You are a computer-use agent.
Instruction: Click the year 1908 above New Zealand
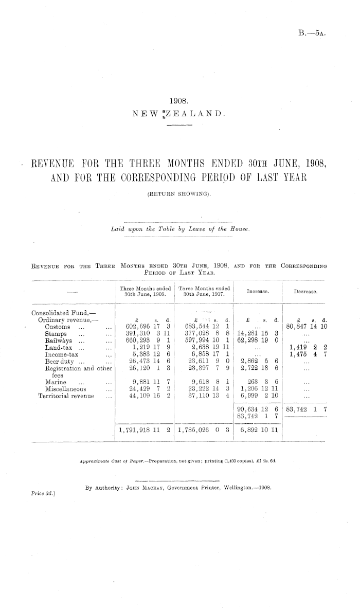pos(179,102)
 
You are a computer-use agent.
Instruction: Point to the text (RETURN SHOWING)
pos(179,194)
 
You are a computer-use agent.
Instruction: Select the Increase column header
pos(259,291)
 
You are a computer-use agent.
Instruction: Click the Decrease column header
pos(305,291)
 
